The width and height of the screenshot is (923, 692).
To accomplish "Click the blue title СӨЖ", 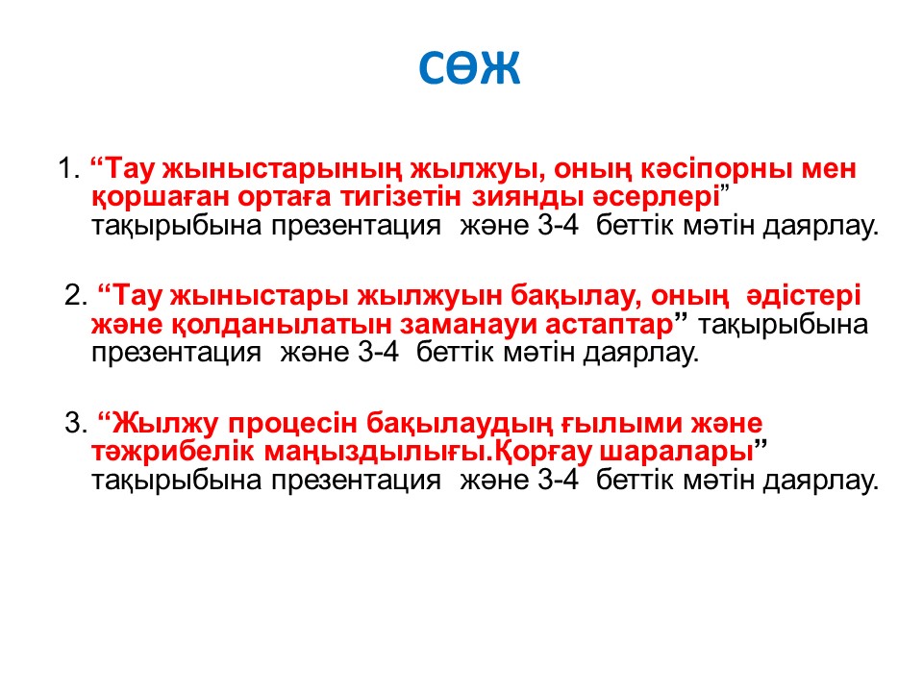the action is point(469,66).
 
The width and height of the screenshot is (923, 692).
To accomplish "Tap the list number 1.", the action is point(69,168).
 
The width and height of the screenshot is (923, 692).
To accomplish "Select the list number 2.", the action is point(76,295).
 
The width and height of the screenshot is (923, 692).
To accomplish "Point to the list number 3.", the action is point(76,423).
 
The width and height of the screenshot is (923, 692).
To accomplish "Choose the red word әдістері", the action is point(804,295).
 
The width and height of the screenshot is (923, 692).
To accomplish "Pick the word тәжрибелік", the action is point(173,452).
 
